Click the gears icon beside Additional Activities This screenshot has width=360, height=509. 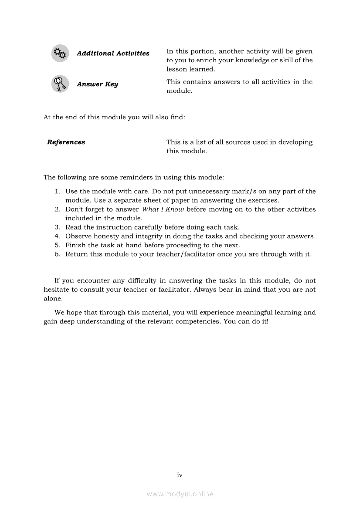tap(60, 54)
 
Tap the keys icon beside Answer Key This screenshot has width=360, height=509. tap(60, 84)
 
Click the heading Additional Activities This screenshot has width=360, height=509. tap(113, 54)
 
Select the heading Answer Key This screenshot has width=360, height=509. tap(97, 84)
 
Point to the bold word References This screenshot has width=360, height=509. tap(66, 142)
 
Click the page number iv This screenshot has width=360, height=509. tap(180, 475)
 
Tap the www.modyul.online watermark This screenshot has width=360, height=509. tap(180, 494)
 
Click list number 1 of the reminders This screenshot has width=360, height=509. tap(57, 192)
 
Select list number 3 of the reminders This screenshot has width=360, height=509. tap(57, 227)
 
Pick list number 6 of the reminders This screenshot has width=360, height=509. tap(57, 254)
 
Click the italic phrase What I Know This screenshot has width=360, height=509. tap(163, 209)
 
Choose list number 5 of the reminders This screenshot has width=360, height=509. tap(57, 245)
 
